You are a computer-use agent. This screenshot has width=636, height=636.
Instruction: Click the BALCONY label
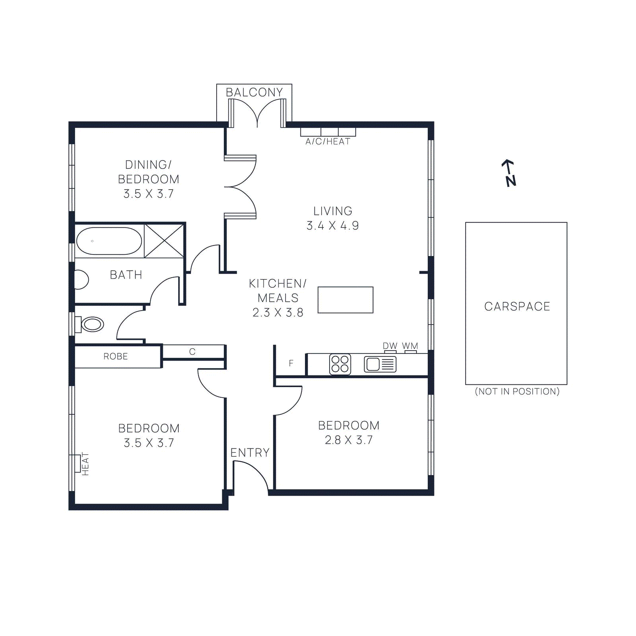click(x=254, y=92)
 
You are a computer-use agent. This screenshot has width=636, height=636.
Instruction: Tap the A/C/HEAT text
click(x=328, y=142)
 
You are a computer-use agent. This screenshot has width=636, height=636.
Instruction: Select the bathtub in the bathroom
click(x=109, y=241)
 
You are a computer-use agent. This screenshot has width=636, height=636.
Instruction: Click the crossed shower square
click(x=164, y=241)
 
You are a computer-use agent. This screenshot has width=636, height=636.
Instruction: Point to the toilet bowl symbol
click(x=92, y=324)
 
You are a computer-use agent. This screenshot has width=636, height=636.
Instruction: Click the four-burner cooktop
click(x=340, y=364)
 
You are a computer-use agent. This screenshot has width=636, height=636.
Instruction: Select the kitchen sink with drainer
click(x=380, y=364)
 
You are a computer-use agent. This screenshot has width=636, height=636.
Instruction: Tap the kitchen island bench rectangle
click(x=345, y=300)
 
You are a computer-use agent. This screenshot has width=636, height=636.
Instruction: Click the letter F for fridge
click(x=291, y=363)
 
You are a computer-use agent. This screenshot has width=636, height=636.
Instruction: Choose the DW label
click(x=390, y=346)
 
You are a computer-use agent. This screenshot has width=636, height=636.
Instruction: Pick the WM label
click(x=410, y=346)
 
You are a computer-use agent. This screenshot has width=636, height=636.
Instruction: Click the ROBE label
click(x=116, y=357)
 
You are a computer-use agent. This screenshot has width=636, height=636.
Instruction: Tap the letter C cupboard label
click(x=192, y=352)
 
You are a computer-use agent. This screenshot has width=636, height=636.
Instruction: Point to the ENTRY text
click(x=250, y=453)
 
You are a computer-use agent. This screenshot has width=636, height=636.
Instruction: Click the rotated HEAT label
click(x=85, y=464)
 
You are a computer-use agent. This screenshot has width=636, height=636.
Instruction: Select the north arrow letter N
click(x=511, y=181)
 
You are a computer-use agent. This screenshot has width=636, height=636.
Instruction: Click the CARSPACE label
click(x=517, y=306)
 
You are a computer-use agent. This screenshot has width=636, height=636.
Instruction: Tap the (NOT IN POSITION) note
click(x=517, y=392)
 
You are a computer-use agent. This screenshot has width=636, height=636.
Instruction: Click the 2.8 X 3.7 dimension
click(x=349, y=440)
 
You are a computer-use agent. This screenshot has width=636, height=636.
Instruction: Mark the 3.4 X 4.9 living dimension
click(x=333, y=226)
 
